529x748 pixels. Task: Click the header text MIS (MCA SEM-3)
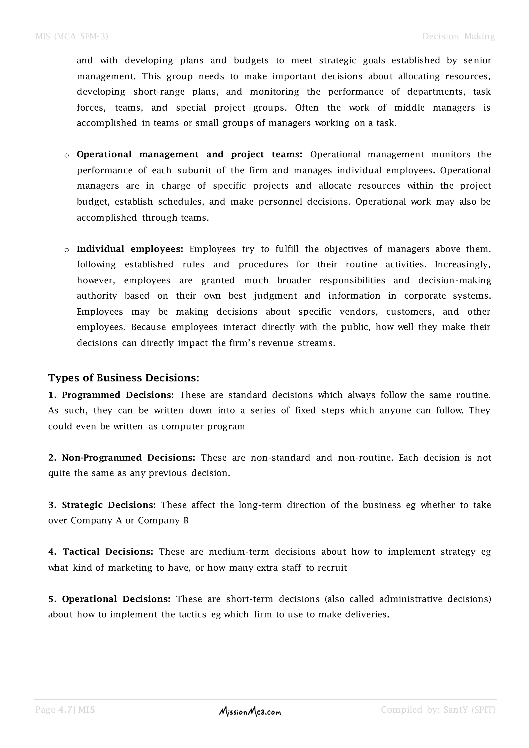click(72, 36)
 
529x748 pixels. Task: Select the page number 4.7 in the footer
click(65, 710)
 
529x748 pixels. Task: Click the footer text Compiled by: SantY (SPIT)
click(438, 710)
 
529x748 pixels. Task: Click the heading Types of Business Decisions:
click(124, 378)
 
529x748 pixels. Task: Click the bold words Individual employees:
click(130, 249)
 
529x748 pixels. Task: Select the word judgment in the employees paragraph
click(276, 296)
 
